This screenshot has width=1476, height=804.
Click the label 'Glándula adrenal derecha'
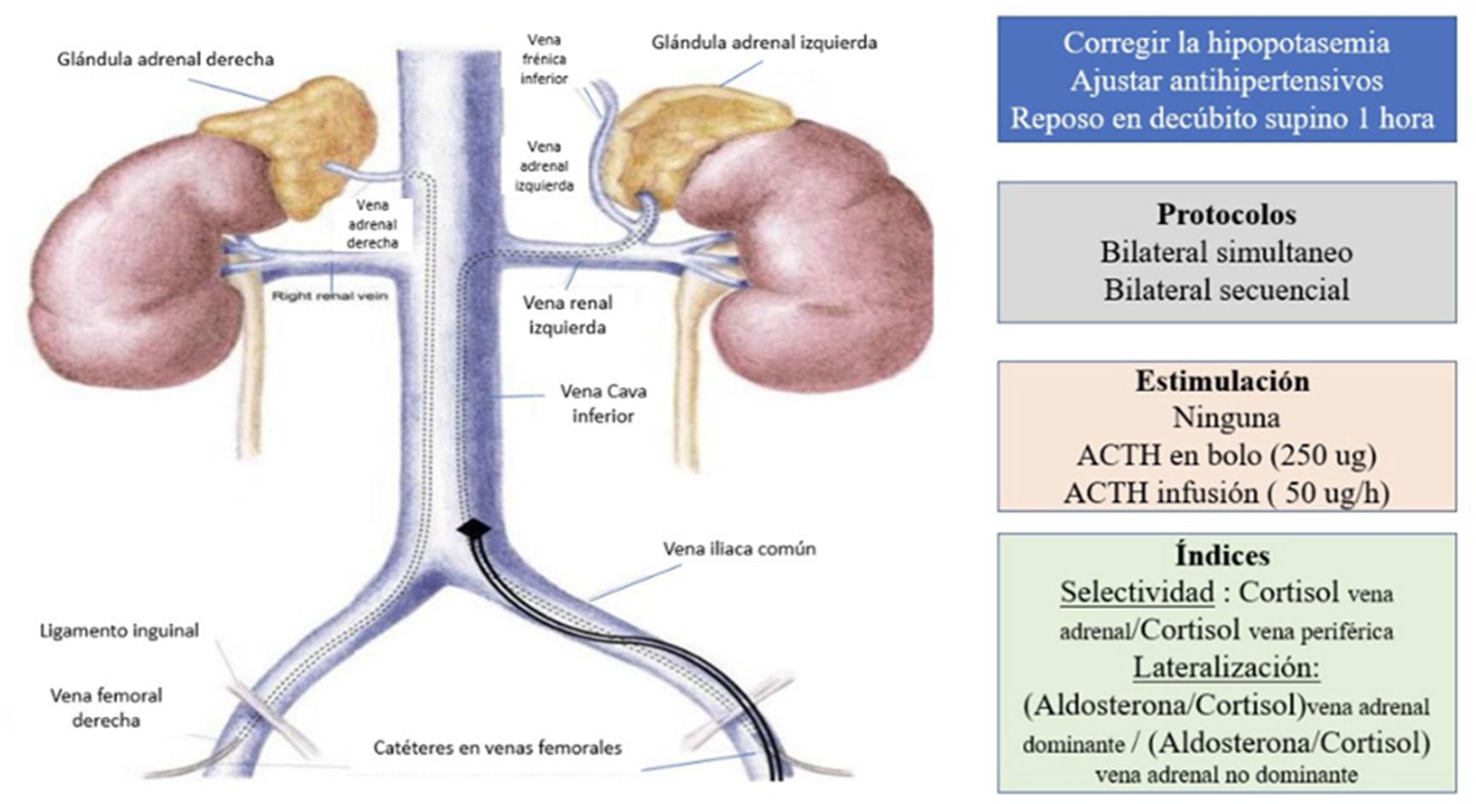click(165, 60)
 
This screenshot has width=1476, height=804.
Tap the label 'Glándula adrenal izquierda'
click(764, 43)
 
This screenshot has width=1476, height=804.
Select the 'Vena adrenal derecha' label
click(372, 224)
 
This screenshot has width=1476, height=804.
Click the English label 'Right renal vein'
click(329, 296)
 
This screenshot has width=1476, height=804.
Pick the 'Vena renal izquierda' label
click(567, 315)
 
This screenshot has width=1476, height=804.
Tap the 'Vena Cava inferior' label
click(603, 403)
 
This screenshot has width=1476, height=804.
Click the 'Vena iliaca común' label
click(739, 549)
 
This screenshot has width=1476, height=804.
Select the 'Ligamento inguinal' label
click(119, 631)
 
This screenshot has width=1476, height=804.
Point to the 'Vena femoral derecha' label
click(106, 708)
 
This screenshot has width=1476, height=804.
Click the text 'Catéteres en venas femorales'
click(498, 748)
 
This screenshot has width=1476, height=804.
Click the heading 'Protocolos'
click(1226, 215)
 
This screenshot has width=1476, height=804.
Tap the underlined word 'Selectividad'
click(1137, 592)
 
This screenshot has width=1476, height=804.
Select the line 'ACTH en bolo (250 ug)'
click(1226, 455)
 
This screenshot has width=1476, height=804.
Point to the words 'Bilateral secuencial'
click(1226, 289)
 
